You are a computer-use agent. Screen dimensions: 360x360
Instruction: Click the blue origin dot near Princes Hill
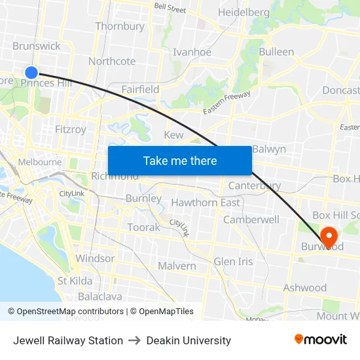click(31, 73)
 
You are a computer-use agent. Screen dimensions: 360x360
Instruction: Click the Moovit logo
click(321, 340)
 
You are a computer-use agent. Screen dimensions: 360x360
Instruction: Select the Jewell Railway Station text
click(68, 340)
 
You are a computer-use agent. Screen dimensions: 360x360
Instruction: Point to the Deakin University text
click(189, 340)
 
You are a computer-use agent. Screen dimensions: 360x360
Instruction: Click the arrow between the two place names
click(135, 340)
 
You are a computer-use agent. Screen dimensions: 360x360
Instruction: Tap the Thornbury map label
click(120, 27)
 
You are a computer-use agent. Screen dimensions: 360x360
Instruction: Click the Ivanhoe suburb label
click(192, 52)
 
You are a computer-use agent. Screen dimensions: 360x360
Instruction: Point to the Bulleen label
click(276, 52)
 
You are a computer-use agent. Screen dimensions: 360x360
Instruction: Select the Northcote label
click(112, 62)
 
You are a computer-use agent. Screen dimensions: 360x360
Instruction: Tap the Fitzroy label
click(71, 130)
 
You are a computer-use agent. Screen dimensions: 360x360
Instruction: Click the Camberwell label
click(251, 220)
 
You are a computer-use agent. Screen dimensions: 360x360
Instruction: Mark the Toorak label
click(143, 227)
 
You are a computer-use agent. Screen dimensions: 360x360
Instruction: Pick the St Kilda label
click(75, 281)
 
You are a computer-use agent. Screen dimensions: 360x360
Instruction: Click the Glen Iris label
click(233, 262)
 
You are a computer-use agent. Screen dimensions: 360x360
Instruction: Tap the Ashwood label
click(305, 288)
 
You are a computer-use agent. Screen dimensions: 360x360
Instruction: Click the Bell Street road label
click(170, 9)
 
